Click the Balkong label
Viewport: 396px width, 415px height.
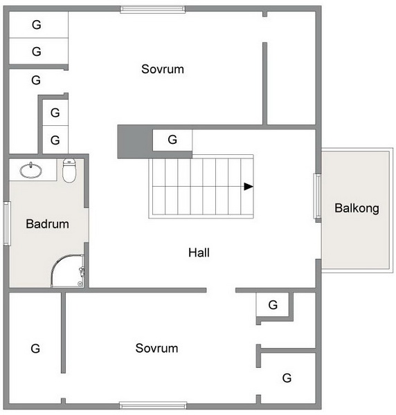coord(357,208)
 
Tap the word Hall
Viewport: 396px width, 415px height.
coord(199,252)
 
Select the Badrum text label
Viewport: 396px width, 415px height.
coord(47,224)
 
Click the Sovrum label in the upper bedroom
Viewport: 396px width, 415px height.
coord(163,69)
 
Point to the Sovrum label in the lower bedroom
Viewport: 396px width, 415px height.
coord(156,348)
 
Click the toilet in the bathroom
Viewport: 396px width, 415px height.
coord(69,171)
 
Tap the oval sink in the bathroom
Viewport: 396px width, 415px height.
coord(30,170)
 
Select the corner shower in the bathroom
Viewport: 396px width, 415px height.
coord(68,271)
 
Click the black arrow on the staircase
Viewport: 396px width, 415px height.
coord(249,187)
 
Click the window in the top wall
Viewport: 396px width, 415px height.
coord(153,9)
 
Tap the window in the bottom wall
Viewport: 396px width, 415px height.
coord(153,405)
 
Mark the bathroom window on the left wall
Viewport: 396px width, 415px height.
coord(7,223)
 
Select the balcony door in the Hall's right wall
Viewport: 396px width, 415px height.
coord(318,196)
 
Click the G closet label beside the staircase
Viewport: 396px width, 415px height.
coord(172,140)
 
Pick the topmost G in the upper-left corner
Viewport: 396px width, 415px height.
coord(37,25)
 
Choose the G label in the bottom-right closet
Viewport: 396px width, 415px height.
coord(287,378)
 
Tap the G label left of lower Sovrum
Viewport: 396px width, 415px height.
coord(35,349)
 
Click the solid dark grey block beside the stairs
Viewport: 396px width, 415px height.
coord(135,142)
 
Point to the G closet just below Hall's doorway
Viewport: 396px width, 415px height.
coord(273,305)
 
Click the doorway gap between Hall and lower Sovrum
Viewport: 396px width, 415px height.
coord(221,290)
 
